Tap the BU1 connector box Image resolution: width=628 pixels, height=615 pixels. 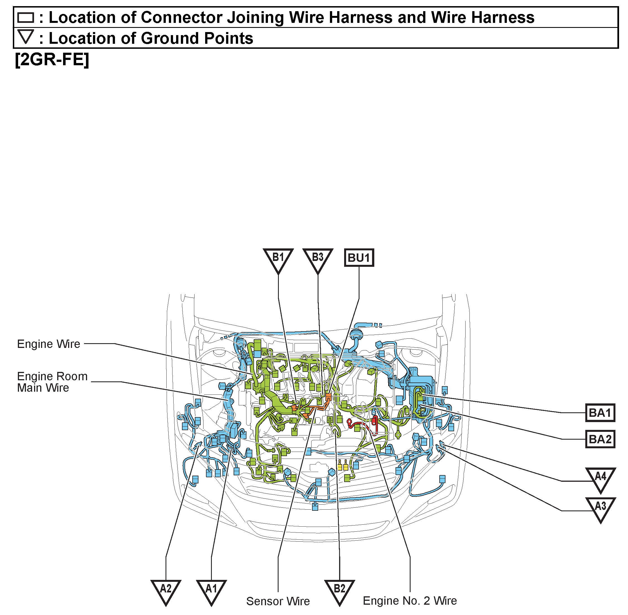coord(359,258)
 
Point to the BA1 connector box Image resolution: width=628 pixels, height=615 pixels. coord(600,413)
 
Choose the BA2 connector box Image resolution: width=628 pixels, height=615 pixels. coord(600,439)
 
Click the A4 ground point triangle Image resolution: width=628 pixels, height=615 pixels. coord(600,478)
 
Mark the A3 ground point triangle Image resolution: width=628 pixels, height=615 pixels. coord(600,507)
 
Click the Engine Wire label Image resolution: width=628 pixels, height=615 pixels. coord(49,344)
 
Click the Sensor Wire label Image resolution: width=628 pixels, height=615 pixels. coord(278,601)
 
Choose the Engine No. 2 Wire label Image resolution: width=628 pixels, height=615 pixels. coord(410,601)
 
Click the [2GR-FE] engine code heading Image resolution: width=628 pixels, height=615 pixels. coord(52,59)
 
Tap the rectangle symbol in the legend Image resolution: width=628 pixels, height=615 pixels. coord(26,18)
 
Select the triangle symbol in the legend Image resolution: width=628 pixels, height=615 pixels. coord(26,37)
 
